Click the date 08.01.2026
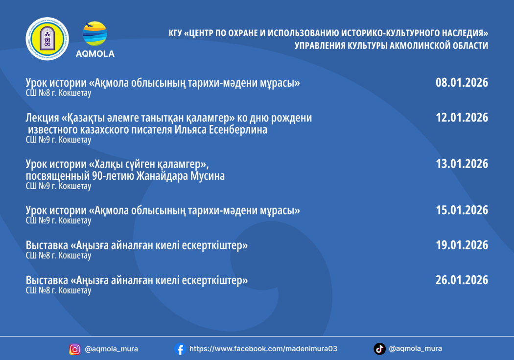pos(462,82)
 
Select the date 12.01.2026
pos(462,118)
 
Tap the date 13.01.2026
pos(462,164)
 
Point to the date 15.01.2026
pos(462,210)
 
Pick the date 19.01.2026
pos(462,245)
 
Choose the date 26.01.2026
pos(462,280)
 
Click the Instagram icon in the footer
pos(75,349)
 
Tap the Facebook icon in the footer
pos(180,349)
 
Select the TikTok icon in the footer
pos(379,349)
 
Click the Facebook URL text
pos(263,349)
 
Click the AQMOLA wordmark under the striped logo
pos(95,54)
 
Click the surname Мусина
pos(208,176)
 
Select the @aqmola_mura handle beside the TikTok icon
pos(416,349)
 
